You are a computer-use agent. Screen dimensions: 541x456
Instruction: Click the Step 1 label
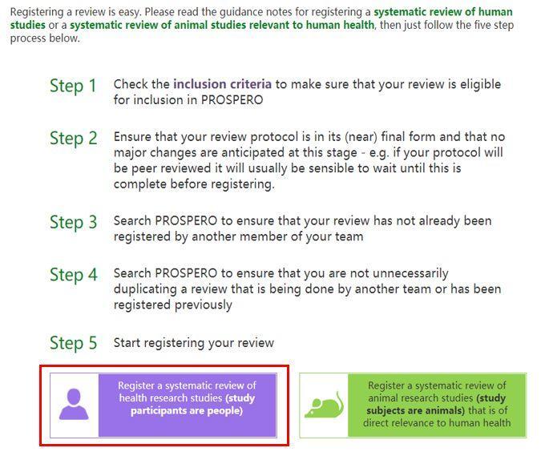(x=73, y=86)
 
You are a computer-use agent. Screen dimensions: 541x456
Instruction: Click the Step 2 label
(x=74, y=139)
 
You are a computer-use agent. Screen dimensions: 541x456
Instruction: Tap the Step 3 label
(x=74, y=222)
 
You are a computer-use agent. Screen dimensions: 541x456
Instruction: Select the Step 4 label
(x=74, y=275)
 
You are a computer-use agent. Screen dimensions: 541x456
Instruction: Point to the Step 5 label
(x=74, y=343)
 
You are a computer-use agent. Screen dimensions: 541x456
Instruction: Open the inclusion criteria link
(x=222, y=84)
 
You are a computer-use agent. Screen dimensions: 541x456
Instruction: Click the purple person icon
(x=74, y=404)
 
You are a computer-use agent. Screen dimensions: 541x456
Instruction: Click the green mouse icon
(x=324, y=405)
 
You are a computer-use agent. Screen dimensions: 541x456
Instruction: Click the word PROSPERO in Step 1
(x=232, y=100)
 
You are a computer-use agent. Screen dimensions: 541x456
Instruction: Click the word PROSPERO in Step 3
(x=186, y=220)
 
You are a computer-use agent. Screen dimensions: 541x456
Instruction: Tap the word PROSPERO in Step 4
(x=186, y=273)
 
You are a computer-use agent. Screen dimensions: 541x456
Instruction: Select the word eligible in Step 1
(x=481, y=85)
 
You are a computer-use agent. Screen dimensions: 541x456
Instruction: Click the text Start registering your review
(x=194, y=343)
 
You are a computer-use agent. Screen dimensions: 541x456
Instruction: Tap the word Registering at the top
(x=37, y=12)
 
